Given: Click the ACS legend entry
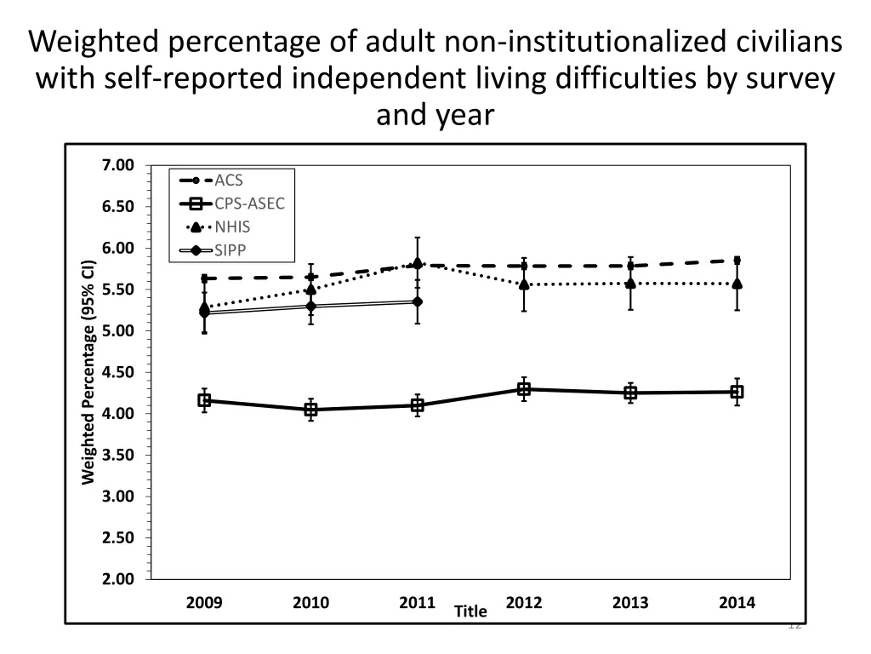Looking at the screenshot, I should [228, 181].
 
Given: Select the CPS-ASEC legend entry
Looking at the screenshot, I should [248, 204].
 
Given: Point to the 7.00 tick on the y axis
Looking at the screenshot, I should [119, 165].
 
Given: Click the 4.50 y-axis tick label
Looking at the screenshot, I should [119, 372].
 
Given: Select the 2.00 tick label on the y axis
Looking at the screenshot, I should [119, 579].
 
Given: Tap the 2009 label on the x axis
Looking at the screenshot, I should [204, 603].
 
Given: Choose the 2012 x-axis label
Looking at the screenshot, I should [524, 603].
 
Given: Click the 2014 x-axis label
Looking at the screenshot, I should [737, 603].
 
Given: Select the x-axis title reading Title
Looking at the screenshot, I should [470, 611].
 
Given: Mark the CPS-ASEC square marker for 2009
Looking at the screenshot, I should [204, 400].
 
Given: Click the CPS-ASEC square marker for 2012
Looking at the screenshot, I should [524, 389].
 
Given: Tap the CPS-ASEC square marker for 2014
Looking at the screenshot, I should [737, 392].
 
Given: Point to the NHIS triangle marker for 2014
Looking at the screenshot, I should [737, 283].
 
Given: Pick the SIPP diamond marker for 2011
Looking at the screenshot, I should [418, 301].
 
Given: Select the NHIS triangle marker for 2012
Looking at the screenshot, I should [524, 284].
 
